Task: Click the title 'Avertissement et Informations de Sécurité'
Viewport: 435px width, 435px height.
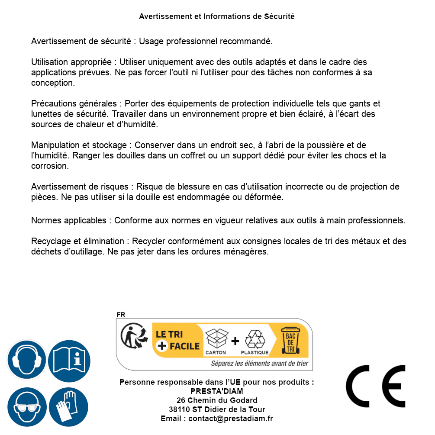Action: (216, 16)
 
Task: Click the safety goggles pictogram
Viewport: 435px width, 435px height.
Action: (26, 407)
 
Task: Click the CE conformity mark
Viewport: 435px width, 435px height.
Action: (376, 386)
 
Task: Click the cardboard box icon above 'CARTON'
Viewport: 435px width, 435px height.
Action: (216, 339)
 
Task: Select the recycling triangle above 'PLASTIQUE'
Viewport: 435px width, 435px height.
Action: (255, 339)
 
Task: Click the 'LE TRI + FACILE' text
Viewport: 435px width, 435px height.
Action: (177, 340)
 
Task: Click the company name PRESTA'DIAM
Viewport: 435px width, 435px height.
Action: (216, 391)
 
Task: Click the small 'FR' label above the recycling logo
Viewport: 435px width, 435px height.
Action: (121, 315)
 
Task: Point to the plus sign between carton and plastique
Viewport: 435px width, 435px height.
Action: (235, 341)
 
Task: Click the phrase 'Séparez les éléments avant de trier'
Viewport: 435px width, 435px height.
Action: (259, 364)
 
